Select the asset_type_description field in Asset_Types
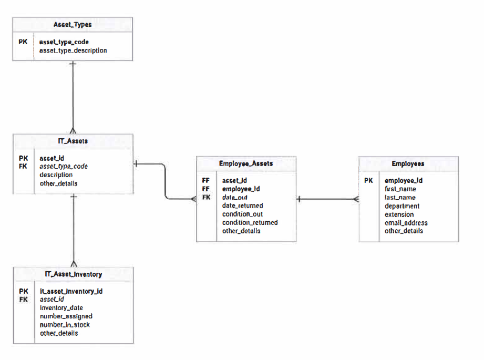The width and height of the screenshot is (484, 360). pos(73,50)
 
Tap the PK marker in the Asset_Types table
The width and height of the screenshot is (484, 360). pos(23,42)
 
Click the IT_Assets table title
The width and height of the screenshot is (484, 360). pos(73,141)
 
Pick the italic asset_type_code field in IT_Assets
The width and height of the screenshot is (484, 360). pos(64,166)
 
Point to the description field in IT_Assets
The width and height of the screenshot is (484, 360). pos(56,174)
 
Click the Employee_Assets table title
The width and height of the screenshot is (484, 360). pos(246,163)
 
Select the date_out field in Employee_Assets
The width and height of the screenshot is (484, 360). pos(235,197)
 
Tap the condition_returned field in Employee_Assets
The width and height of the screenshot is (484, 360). pos(250,222)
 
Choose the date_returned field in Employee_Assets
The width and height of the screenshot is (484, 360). pos(242,205)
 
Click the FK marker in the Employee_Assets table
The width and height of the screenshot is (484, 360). pos(206,197)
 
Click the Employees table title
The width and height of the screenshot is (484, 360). pos(408,163)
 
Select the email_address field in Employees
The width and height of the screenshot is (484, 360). pos(406,222)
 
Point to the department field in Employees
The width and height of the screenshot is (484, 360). pos(402,206)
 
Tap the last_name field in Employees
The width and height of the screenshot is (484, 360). pos(400,198)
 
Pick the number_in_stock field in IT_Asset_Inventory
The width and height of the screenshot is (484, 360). pos(65,325)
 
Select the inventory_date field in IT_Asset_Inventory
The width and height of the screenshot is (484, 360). pos(61,307)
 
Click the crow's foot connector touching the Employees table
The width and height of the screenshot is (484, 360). pos(356,199)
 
